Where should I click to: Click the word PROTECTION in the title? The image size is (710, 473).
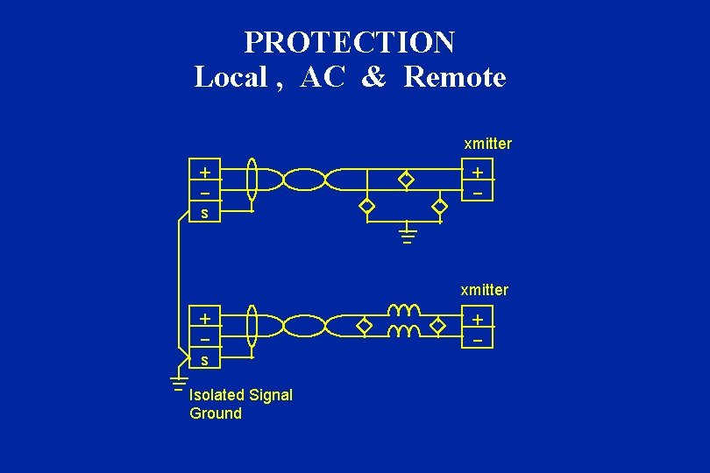coord(349,42)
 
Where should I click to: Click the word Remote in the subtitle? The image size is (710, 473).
coord(455,77)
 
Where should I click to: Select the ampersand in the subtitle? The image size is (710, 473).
coord(373,77)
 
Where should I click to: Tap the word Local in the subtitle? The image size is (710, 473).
coord(230,77)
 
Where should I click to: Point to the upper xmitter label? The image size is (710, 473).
coord(487,143)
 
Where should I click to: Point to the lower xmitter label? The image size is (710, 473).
coord(484,289)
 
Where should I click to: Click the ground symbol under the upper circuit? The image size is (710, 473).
coord(407,235)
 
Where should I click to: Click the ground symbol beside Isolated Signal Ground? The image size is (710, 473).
coord(178,383)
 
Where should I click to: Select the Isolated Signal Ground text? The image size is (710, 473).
coord(240,404)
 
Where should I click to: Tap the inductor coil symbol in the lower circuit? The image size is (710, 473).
coord(404,321)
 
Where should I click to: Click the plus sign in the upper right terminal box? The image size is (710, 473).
coord(478,172)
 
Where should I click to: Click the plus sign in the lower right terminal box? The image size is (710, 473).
coord(478,320)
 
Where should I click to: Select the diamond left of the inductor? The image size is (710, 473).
coord(365,327)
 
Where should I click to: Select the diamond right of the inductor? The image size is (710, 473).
coord(439,327)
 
